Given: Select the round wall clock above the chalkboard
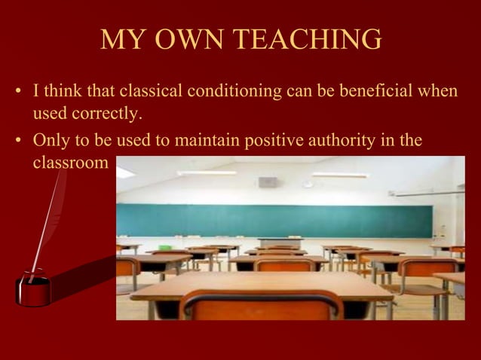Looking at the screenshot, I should pyautogui.click(x=308, y=183).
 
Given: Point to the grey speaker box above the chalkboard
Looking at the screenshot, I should pyautogui.click(x=267, y=182).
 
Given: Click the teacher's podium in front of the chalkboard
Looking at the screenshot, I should pyautogui.click(x=280, y=243).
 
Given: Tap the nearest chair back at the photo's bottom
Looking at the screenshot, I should pyautogui.click(x=261, y=303).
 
